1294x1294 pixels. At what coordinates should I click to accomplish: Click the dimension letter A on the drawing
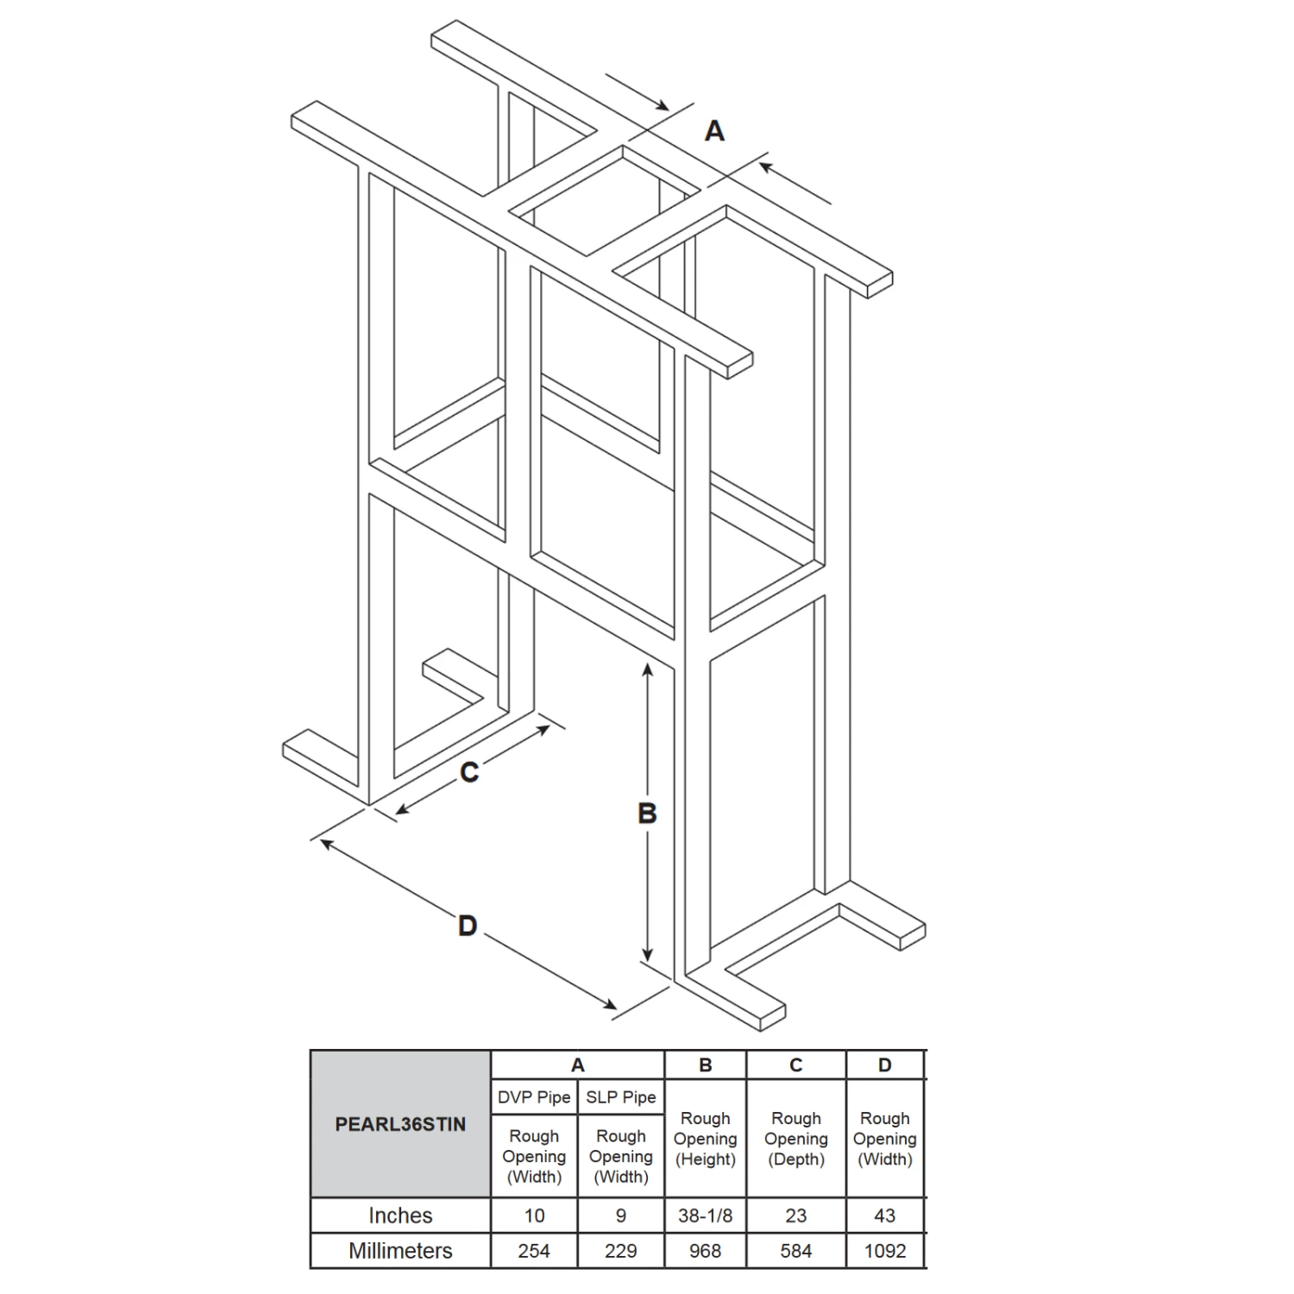point(714,131)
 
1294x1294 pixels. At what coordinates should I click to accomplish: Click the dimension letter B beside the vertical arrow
point(647,813)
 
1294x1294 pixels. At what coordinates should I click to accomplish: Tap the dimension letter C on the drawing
point(469,772)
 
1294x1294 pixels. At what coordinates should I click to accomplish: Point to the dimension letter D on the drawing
point(468,926)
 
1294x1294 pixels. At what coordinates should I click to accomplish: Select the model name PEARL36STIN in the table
point(400,1125)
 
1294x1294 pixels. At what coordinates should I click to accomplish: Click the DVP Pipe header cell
point(534,1097)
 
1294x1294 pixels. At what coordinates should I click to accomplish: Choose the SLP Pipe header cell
point(621,1097)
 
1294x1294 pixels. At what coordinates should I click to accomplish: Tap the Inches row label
point(400,1215)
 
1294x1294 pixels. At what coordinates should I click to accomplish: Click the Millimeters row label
point(400,1251)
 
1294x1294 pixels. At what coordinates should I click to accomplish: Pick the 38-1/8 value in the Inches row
point(705,1215)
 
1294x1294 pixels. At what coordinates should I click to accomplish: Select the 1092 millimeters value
point(885,1251)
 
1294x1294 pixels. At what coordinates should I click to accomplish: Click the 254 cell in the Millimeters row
point(534,1251)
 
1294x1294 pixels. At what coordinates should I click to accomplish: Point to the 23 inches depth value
point(796,1215)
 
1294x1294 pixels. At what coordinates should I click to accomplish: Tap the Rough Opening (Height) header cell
point(706,1139)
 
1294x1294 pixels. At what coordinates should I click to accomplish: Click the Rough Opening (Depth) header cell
point(796,1139)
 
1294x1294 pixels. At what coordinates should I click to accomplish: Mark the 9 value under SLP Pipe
point(621,1215)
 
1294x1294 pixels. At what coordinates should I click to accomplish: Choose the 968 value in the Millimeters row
point(705,1251)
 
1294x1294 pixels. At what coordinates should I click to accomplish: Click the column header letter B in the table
point(706,1065)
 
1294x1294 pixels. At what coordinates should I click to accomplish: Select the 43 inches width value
point(885,1215)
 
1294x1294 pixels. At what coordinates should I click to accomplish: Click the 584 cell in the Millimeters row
point(796,1251)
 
